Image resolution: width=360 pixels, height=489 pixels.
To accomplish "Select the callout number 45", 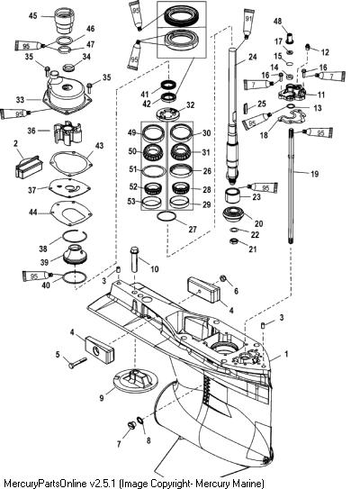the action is pos(32,15).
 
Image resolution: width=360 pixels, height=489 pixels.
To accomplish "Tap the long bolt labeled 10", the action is pos(135,258).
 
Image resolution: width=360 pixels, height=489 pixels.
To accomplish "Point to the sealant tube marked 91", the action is pos(247,23).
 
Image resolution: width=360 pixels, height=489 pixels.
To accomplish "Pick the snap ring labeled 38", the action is pos(75,236).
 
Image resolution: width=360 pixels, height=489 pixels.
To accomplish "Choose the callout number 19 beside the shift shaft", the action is pos(314,174).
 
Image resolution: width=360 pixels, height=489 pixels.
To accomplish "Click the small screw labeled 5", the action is pos(77,363).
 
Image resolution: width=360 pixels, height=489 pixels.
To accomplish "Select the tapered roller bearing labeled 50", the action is pos(154,151).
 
